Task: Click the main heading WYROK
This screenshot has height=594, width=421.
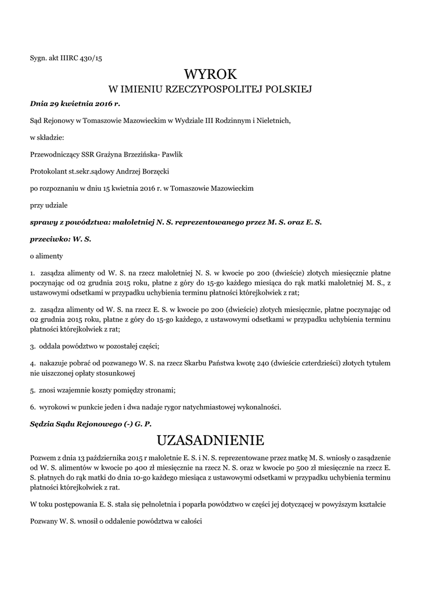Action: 211,74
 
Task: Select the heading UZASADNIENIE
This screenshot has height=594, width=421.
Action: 210,440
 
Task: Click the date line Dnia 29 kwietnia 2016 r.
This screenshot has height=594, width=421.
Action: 74,104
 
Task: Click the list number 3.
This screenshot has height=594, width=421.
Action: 32,346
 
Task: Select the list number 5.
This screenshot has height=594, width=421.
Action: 32,390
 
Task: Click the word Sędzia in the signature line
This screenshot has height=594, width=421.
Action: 42,423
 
